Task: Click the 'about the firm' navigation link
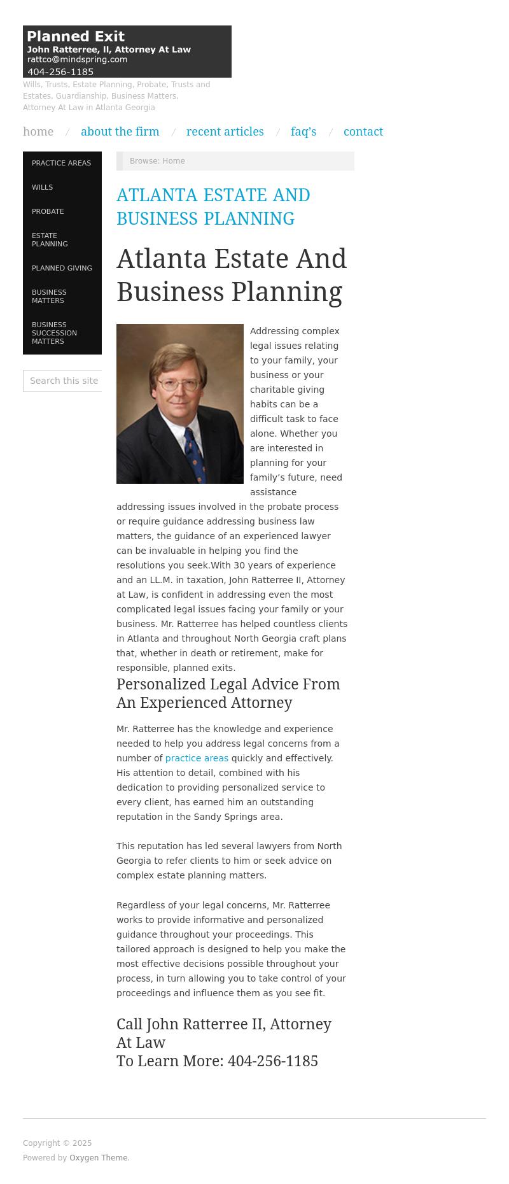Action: [x=120, y=132]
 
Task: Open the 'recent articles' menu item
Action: [x=225, y=132]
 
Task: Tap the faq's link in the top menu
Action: [x=303, y=132]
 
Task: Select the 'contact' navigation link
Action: [x=363, y=132]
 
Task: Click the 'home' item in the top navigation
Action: [x=38, y=132]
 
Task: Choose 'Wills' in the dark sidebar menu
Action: [x=43, y=187]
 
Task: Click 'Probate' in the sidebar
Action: [x=48, y=211]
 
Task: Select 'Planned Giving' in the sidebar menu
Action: [x=62, y=268]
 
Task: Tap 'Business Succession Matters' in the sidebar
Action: [x=54, y=333]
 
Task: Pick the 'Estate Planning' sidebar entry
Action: [x=50, y=239]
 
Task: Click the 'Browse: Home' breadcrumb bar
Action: [x=235, y=161]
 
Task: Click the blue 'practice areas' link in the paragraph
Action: [x=197, y=758]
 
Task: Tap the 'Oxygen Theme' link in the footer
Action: [x=98, y=1158]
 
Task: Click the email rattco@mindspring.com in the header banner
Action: [x=77, y=59]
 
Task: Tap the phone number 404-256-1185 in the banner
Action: [x=60, y=72]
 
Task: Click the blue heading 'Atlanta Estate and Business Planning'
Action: [x=213, y=206]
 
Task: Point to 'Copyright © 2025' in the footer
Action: [x=57, y=1143]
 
